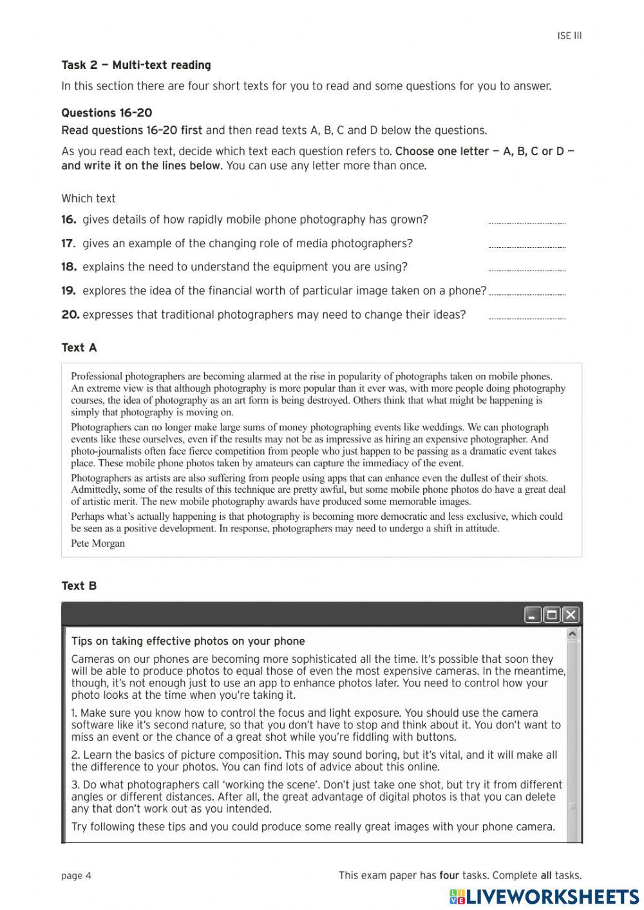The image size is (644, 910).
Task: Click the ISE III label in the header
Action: (x=569, y=36)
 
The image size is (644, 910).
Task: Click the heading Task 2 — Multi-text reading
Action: (x=136, y=65)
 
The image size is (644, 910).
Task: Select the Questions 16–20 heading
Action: (x=107, y=113)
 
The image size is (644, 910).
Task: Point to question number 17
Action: (x=68, y=243)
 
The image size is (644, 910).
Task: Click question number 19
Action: (x=68, y=291)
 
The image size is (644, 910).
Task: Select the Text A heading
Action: (x=79, y=348)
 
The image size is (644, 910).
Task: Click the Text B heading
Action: (x=79, y=586)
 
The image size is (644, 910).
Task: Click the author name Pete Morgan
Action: (x=98, y=544)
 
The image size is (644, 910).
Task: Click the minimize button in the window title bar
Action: (x=533, y=615)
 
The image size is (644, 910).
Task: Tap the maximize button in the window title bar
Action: (x=552, y=615)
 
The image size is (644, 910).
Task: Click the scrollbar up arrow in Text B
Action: (x=572, y=635)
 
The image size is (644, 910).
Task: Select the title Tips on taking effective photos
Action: (x=188, y=641)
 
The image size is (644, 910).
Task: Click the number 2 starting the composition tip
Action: (x=75, y=755)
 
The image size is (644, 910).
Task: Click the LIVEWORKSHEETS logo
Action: (x=544, y=896)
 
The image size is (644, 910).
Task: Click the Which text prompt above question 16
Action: (x=88, y=199)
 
